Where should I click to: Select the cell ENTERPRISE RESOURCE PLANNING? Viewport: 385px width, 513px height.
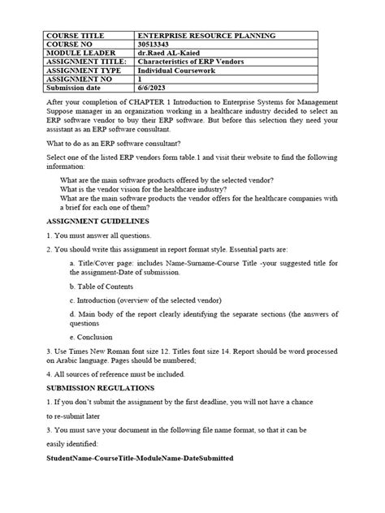coord(207,37)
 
